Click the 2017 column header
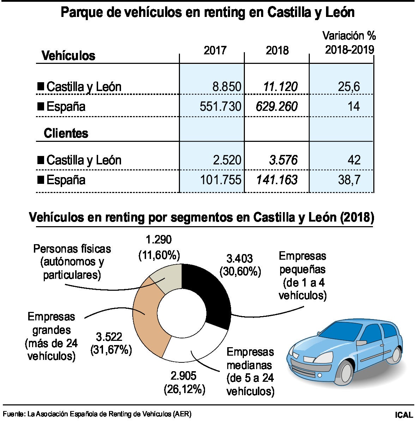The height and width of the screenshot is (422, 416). click(215, 50)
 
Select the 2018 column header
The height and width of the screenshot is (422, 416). click(277, 50)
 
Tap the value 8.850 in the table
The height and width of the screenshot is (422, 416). click(227, 86)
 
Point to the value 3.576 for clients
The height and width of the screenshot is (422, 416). click(283, 160)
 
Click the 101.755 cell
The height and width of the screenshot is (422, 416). click(221, 180)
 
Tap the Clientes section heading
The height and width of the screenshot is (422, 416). click(66, 133)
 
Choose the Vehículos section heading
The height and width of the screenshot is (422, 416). click(68, 55)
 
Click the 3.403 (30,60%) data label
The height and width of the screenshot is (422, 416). click(240, 265)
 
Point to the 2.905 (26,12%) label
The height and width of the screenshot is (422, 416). click(184, 382)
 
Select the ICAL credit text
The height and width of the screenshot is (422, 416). click(404, 414)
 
